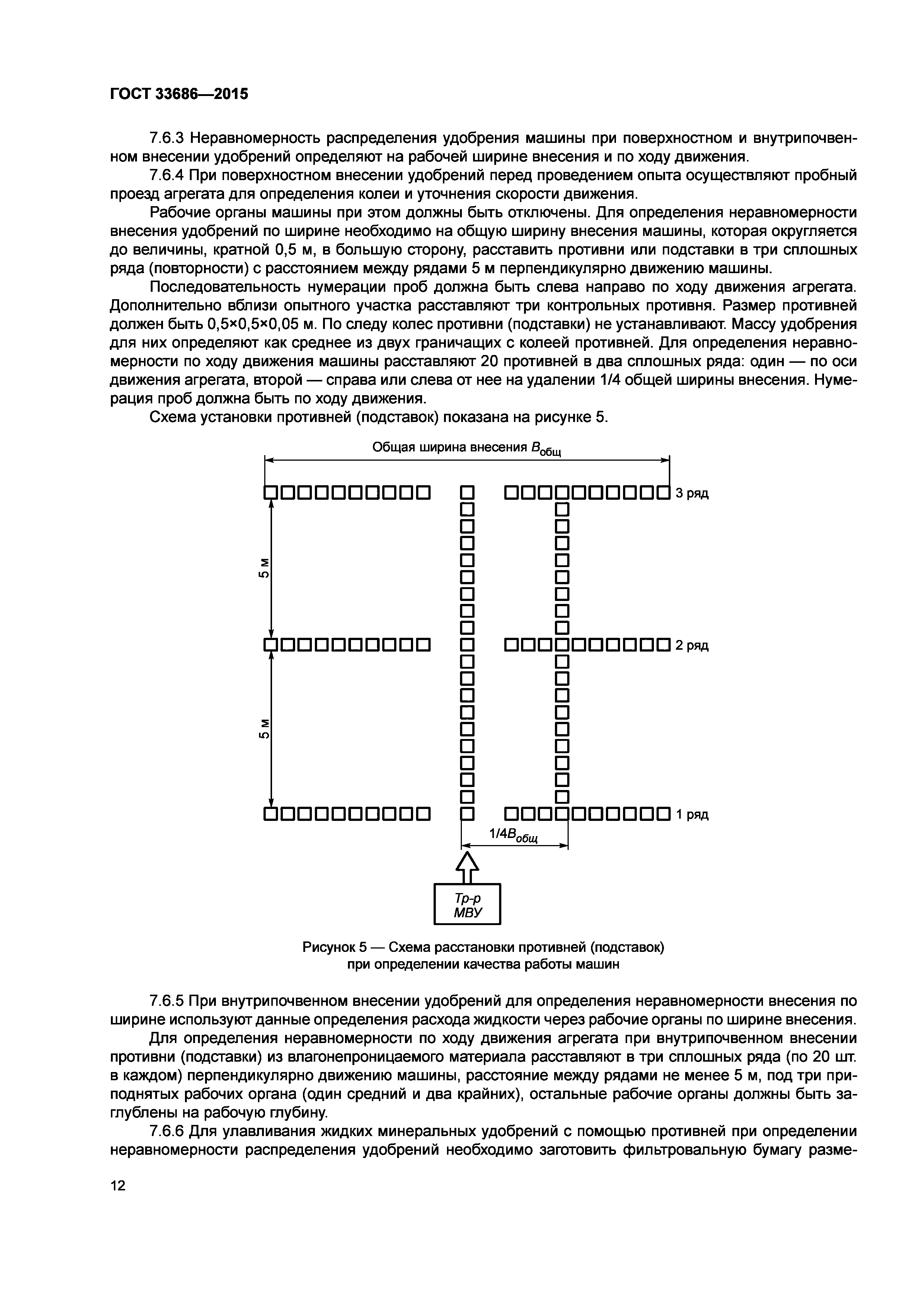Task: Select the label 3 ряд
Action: tap(692, 493)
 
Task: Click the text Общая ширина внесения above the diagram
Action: tap(450, 447)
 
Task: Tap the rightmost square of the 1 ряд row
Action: tap(663, 815)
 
